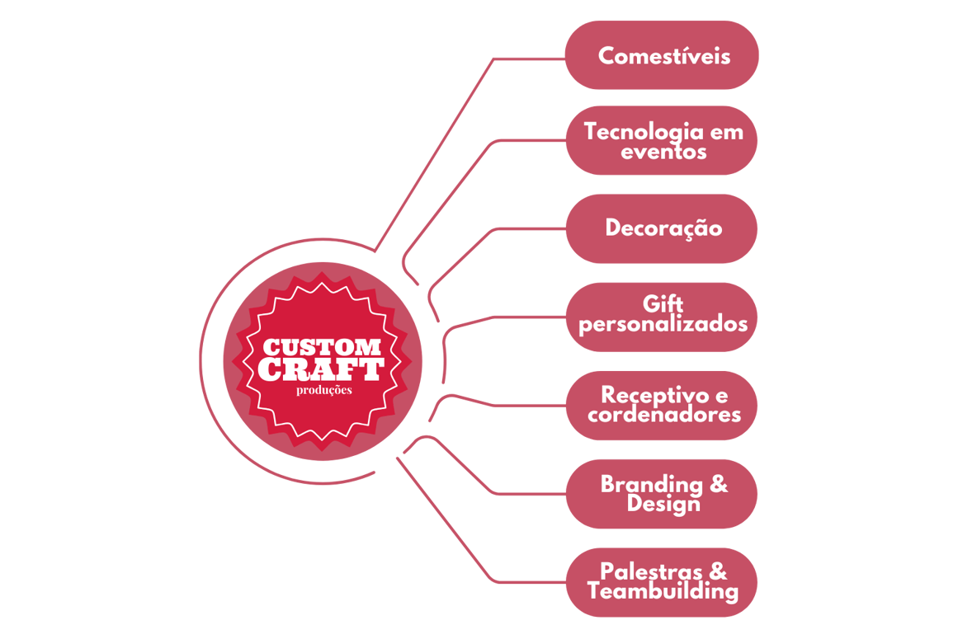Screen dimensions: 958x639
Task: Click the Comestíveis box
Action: click(662, 56)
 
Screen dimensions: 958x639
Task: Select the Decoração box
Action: click(662, 228)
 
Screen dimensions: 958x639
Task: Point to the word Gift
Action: click(663, 304)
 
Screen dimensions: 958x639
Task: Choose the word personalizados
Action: click(663, 324)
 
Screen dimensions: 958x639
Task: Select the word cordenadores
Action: click(663, 414)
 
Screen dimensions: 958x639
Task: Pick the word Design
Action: click(663, 503)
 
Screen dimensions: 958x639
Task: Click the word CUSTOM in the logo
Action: click(322, 347)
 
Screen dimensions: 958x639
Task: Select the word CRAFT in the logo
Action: click(322, 369)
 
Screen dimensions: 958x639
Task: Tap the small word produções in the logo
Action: click(323, 390)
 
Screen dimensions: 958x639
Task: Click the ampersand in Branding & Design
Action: click(719, 483)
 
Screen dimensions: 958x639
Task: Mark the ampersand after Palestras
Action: click(719, 571)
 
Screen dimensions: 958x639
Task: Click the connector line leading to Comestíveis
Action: click(528, 59)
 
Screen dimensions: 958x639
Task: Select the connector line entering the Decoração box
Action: click(528, 228)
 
